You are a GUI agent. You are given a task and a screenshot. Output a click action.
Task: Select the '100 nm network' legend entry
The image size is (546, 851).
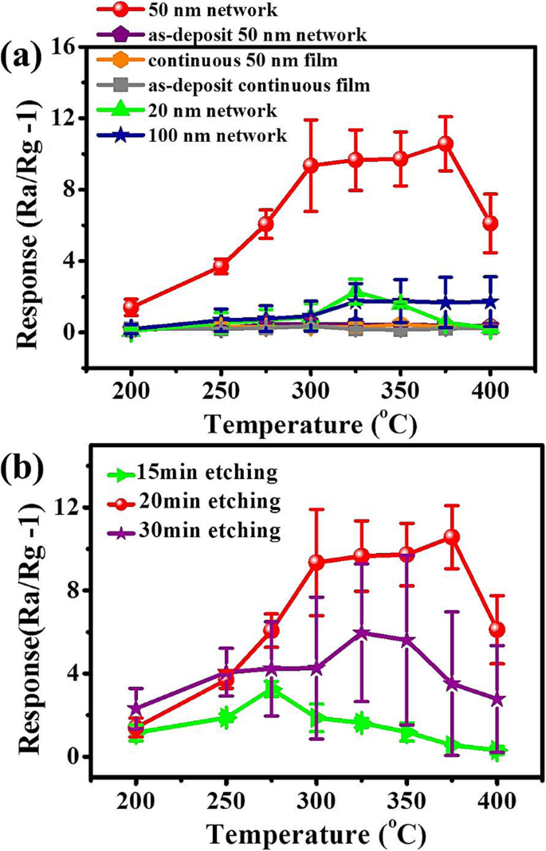click(x=217, y=135)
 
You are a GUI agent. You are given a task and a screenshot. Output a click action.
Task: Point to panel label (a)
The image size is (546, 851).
click(x=26, y=57)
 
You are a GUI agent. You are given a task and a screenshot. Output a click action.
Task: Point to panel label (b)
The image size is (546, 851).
click(x=26, y=465)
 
